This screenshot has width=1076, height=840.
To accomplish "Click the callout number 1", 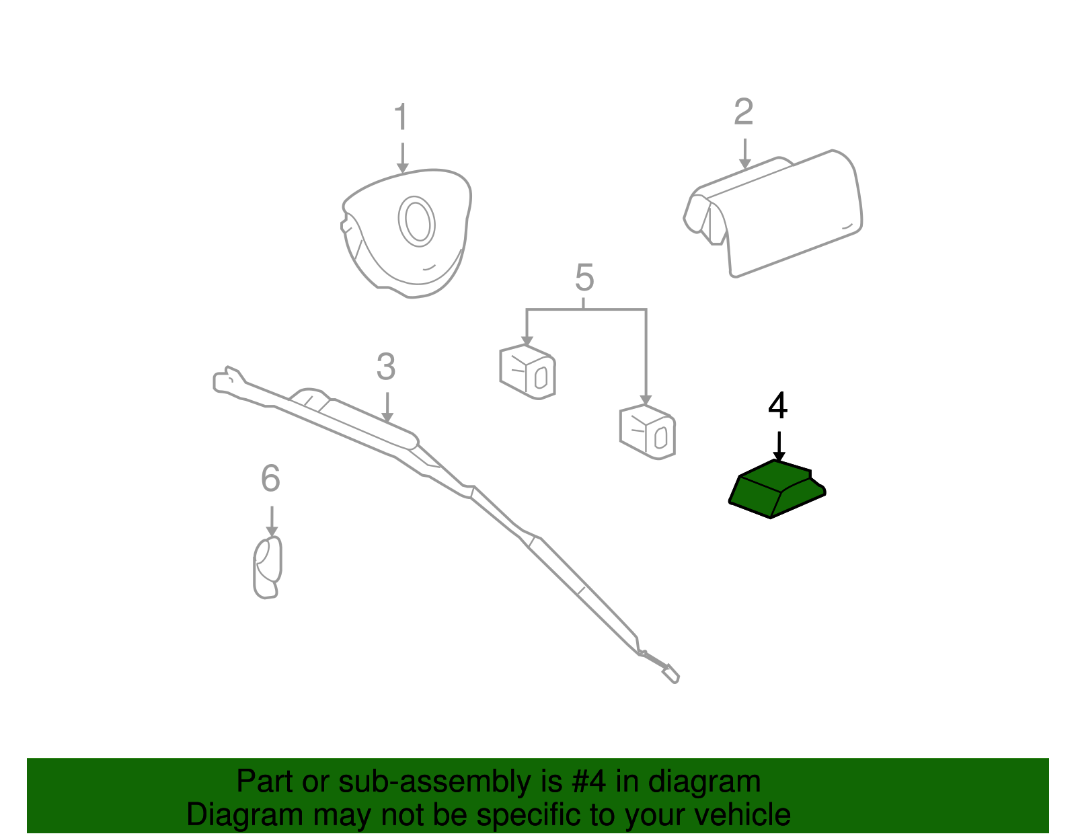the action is tap(401, 117).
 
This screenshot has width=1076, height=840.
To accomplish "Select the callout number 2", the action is tap(743, 112).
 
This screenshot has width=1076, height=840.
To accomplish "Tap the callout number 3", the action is tap(386, 367).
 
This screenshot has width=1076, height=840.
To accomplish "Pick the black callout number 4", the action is tap(778, 406).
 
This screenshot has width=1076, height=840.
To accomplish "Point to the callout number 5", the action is tap(584, 278).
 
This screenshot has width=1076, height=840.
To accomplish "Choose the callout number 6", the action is tap(271, 479).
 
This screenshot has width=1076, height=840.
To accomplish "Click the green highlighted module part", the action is tap(777, 488).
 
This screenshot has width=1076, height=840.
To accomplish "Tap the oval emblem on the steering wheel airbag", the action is tap(417, 221).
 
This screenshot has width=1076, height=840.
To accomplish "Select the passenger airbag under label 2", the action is tap(773, 213).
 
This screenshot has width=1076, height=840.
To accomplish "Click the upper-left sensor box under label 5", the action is tap(527, 372).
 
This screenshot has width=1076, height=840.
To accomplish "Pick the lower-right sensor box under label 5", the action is tap(647, 432).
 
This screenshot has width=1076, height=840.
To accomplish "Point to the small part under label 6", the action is tap(268, 567).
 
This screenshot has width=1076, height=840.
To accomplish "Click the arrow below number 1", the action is tap(403, 158).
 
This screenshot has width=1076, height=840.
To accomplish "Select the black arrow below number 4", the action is tap(779, 447).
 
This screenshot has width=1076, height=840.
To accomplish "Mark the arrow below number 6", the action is tap(272, 521).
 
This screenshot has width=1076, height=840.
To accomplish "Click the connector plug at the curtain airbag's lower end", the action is tap(670, 674).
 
